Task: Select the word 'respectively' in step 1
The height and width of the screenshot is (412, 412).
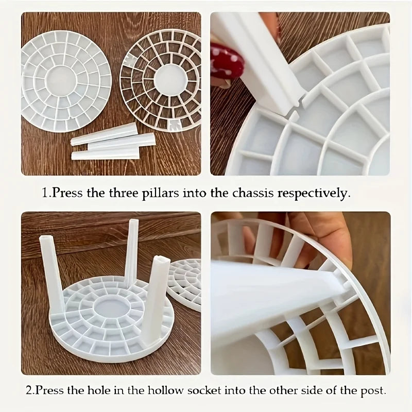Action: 314,194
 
